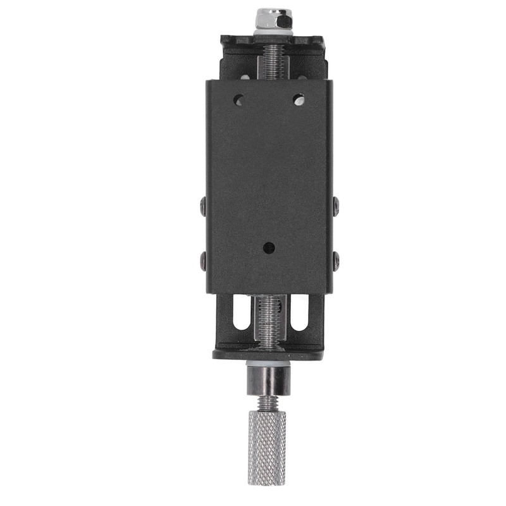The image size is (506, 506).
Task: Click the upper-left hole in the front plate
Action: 238,99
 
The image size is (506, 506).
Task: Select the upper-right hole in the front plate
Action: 298,99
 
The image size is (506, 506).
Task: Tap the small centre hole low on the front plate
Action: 269,247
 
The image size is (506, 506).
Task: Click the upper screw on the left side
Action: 202,205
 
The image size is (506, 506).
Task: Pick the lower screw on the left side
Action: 202,259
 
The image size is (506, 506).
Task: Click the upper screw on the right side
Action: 336,205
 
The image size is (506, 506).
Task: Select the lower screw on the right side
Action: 336,259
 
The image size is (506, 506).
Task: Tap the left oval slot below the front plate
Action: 241,312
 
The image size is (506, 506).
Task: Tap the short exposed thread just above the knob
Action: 268,403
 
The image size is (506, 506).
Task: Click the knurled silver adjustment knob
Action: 266,447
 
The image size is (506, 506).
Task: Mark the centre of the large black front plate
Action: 269,187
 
